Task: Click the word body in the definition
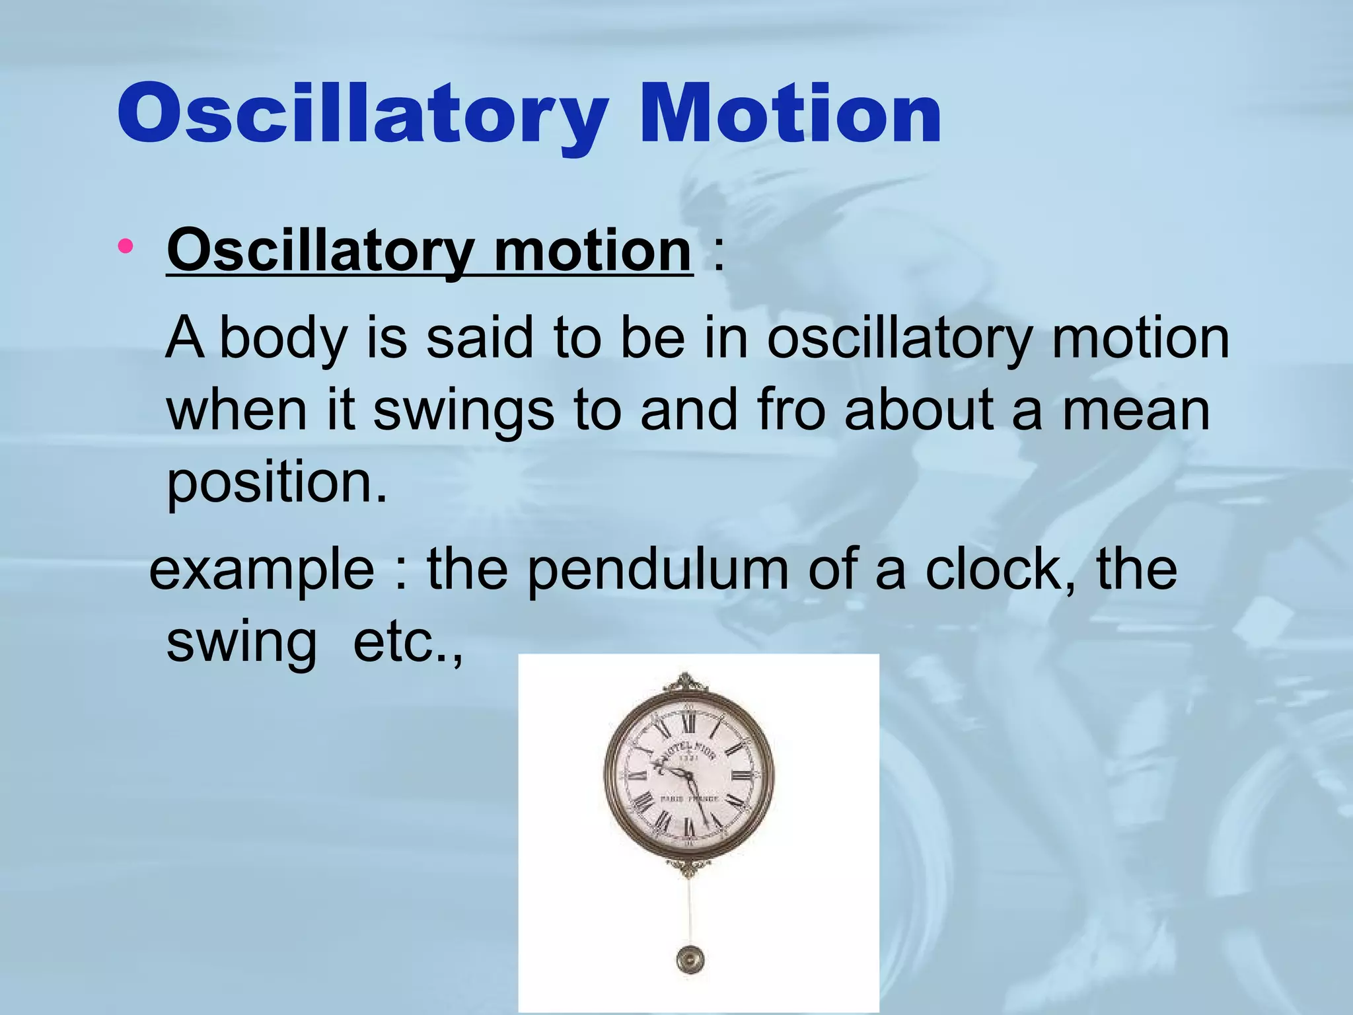pyautogui.click(x=283, y=339)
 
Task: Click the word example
pyautogui.click(x=262, y=570)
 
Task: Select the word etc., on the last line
pyautogui.click(x=408, y=642)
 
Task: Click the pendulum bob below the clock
pyautogui.click(x=690, y=959)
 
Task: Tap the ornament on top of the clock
pyautogui.click(x=688, y=682)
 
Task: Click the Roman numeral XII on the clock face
pyautogui.click(x=688, y=726)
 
